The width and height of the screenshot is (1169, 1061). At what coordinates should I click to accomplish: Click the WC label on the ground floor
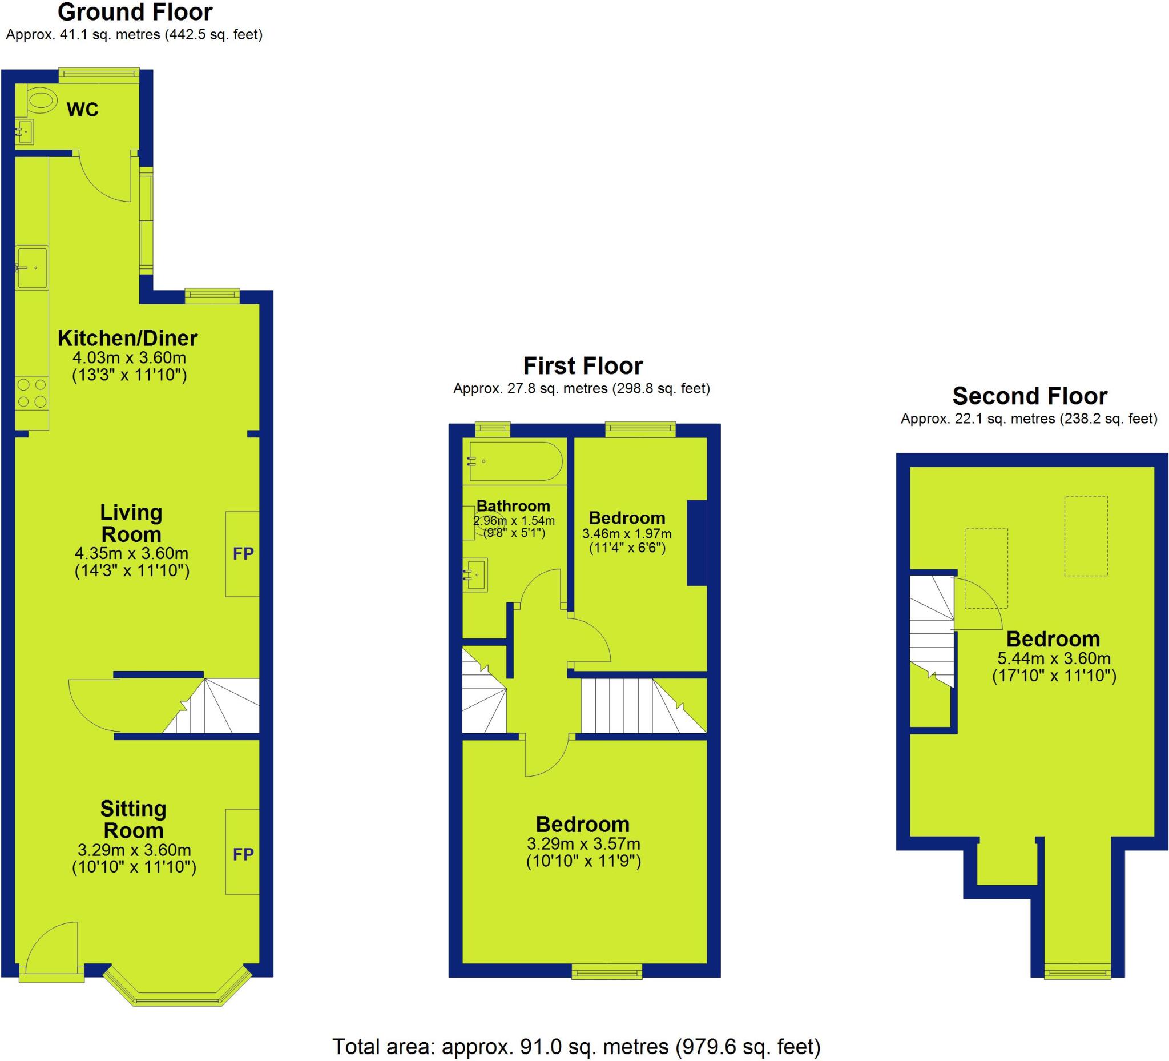click(82, 109)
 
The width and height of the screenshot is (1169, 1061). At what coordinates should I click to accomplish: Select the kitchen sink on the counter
click(31, 267)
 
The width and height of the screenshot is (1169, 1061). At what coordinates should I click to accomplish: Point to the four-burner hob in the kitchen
click(32, 393)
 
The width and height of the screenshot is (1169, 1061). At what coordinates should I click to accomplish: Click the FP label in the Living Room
click(243, 554)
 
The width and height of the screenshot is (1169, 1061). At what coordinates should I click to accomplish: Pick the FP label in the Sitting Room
click(243, 854)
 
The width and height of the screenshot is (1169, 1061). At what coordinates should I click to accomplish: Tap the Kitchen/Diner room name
click(127, 337)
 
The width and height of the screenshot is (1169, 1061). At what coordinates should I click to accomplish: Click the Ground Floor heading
click(135, 12)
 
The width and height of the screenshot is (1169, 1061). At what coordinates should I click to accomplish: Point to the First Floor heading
click(583, 366)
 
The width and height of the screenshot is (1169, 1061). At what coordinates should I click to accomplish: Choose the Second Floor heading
click(1030, 396)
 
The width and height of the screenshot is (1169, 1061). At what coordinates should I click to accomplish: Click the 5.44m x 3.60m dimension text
click(1054, 658)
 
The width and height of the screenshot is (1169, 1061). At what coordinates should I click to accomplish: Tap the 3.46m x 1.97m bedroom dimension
click(627, 534)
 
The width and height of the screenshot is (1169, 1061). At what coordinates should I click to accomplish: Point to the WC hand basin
click(25, 131)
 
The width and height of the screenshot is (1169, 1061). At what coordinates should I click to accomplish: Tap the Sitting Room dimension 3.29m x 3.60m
click(134, 850)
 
